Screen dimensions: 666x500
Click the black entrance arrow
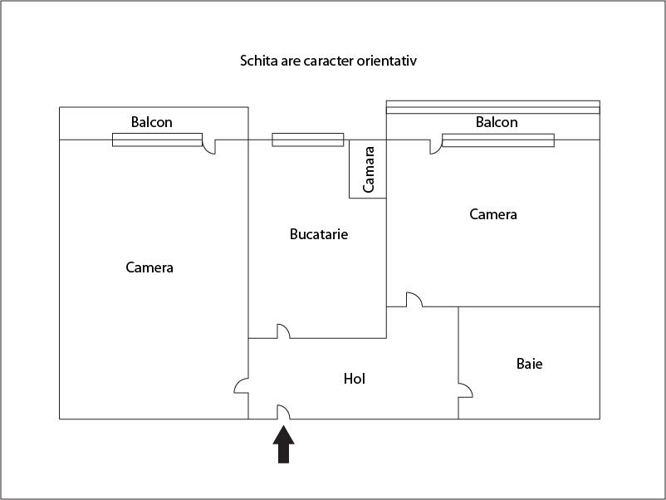coord(283,444)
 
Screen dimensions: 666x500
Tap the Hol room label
coord(355,379)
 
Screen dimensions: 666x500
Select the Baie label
coord(529,364)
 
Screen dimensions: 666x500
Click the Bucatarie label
coord(319,234)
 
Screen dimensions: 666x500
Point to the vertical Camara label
coord(368,169)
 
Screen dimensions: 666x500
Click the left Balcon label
coord(152,122)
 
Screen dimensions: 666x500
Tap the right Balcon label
coord(497,122)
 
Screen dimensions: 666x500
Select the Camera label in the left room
coord(149,267)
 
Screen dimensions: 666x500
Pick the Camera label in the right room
coord(493,214)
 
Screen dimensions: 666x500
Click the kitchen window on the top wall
coord(308,140)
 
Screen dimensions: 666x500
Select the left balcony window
coord(157,140)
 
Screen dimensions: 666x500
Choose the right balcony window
coord(498,140)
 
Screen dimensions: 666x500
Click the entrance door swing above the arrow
coord(284,412)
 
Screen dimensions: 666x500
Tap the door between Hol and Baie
coord(466,390)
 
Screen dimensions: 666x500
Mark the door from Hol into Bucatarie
coord(284,331)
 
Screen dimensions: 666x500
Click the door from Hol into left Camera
coord(242,385)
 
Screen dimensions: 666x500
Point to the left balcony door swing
coord(208,147)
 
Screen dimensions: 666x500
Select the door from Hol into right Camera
coord(414,300)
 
